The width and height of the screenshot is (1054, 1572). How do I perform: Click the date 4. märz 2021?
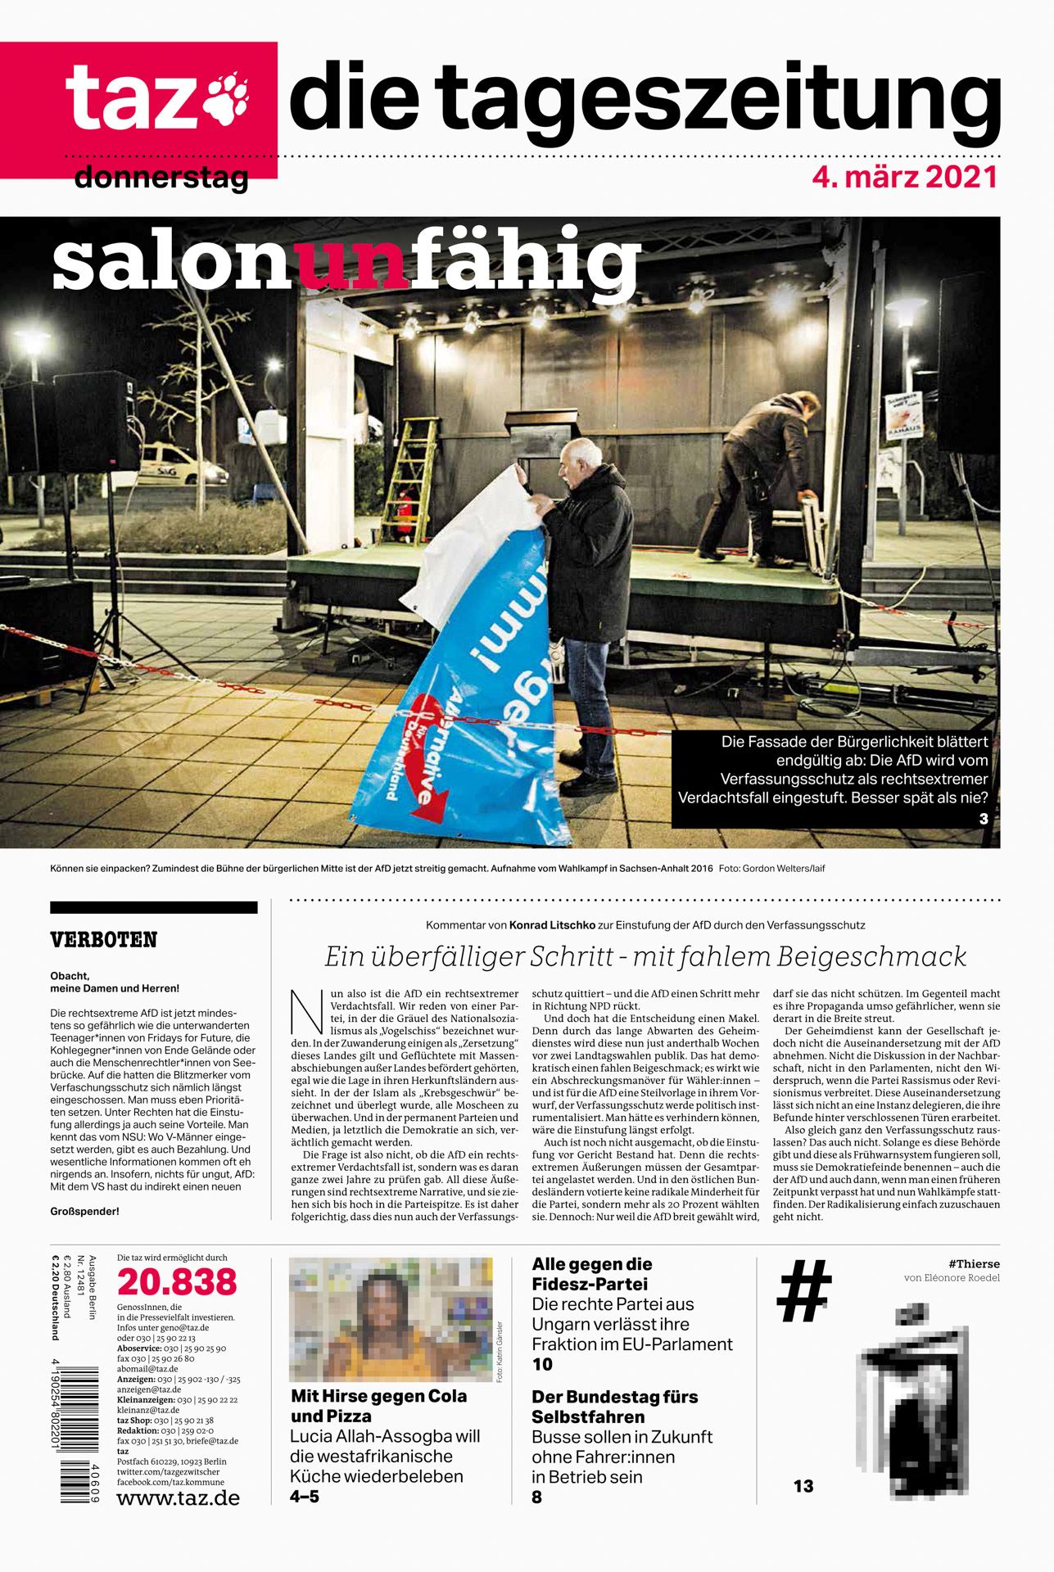pos(905,177)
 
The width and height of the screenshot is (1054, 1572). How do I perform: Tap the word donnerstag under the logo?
pos(161,177)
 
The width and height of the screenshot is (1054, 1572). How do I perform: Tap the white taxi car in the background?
pos(180,466)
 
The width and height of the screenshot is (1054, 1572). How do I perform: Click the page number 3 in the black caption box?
pos(983,819)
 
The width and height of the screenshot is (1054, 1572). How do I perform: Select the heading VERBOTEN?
pos(103,940)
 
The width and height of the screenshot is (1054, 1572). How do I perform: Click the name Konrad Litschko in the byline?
pos(552,925)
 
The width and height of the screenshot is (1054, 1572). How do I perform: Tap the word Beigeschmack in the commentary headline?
pos(871,956)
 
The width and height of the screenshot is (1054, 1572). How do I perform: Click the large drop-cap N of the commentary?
pos(308,1012)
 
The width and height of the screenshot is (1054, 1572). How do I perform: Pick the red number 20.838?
pos(177,1282)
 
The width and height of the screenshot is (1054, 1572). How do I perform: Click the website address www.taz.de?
pos(179,1498)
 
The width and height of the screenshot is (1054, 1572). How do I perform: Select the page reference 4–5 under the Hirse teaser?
pos(305,1497)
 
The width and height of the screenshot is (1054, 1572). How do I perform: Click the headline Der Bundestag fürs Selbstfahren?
pos(614,1407)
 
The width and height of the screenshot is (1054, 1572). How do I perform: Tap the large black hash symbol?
pos(803,1291)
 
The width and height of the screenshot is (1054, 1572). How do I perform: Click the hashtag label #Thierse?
pos(974,1264)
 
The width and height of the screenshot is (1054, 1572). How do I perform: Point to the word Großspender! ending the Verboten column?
pos(84,1211)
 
